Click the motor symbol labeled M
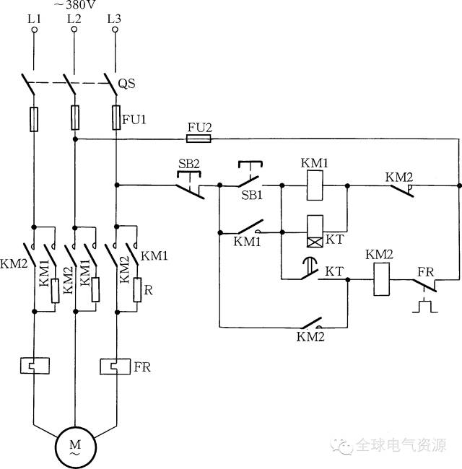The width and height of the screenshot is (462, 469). click(75, 447)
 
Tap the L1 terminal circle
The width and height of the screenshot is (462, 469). click(35, 30)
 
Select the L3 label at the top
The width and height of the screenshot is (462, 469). click(114, 19)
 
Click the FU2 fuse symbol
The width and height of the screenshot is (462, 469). click(199, 139)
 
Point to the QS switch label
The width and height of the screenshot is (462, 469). click(126, 84)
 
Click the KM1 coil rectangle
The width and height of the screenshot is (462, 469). click(315, 185)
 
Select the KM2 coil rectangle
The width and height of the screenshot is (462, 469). click(381, 279)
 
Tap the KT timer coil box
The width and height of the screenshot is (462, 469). click(315, 231)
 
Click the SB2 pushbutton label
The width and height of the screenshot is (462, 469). click(189, 164)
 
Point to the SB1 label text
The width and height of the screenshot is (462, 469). click(252, 196)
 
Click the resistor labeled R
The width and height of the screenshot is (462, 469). click(137, 290)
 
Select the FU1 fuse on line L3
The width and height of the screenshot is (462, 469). click(116, 118)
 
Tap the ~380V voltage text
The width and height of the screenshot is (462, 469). click(75, 4)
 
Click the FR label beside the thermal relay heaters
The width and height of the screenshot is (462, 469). click(142, 367)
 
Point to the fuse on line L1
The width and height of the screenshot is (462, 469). click(34, 119)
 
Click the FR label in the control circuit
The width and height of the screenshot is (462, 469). click(425, 272)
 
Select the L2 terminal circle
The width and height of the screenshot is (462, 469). click(74, 30)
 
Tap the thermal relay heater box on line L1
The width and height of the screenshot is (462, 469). click(35, 366)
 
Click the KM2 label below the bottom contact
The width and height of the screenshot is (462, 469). click(310, 337)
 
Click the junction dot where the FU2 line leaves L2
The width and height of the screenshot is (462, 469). click(75, 139)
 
